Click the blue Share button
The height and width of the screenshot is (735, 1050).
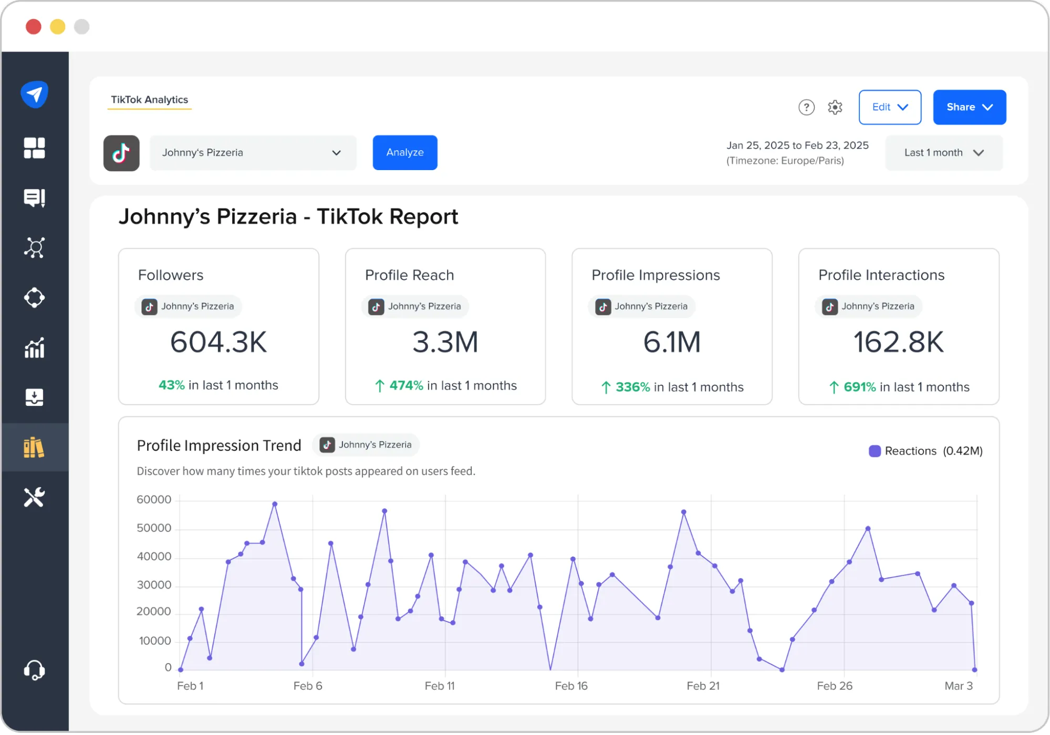click(x=969, y=107)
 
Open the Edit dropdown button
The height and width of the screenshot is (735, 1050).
click(x=890, y=107)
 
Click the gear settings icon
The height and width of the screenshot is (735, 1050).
click(x=835, y=107)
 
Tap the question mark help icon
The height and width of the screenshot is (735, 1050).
click(x=806, y=107)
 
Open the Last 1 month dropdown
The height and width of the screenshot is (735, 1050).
click(x=943, y=153)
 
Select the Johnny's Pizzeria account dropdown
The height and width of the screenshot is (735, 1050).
click(x=253, y=153)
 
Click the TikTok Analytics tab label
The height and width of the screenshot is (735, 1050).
click(x=149, y=100)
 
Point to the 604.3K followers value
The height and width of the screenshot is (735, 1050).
click(x=219, y=342)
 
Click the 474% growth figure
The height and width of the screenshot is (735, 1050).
click(x=406, y=386)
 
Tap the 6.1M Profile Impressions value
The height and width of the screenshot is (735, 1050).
click(x=672, y=342)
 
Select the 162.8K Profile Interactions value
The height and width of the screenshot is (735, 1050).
click(x=898, y=342)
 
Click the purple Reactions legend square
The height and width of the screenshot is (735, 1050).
click(x=875, y=451)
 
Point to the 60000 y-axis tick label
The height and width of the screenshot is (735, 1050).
click(x=154, y=500)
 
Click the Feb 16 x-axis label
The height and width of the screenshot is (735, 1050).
click(x=571, y=686)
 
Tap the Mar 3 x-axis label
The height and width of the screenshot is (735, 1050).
click(x=958, y=686)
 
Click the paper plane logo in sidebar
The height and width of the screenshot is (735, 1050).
click(x=35, y=94)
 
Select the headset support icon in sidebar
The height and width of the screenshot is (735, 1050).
click(x=35, y=670)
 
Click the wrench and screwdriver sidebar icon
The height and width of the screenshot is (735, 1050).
click(x=35, y=497)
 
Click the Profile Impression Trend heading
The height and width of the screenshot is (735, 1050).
click(x=219, y=446)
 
